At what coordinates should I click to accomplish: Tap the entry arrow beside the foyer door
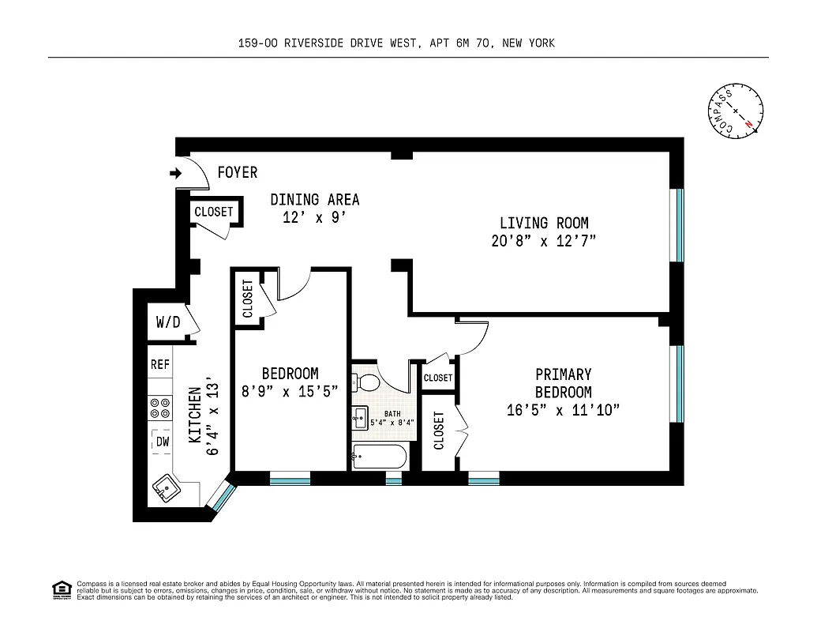coord(174,172)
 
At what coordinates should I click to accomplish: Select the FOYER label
coord(237,172)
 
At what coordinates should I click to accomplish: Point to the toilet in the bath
coord(367,384)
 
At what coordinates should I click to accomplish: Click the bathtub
coord(379,457)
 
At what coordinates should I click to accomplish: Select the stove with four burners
coord(160,408)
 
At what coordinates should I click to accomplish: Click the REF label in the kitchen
coord(160,365)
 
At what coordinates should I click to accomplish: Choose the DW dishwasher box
coord(162,442)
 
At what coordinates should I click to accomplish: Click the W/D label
coord(167,322)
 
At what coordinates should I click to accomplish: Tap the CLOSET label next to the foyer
coord(214,212)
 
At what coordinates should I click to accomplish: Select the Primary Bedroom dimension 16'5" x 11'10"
coord(563,410)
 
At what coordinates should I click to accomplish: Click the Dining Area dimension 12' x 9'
coord(315,218)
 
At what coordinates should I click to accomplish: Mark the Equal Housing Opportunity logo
coord(61,589)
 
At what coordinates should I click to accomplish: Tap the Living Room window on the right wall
coord(676,225)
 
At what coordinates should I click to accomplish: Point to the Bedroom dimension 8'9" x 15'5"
coord(290,391)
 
